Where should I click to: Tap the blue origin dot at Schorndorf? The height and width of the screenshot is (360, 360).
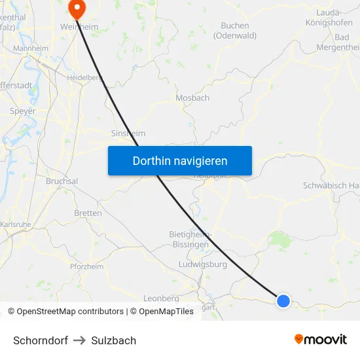(x=283, y=300)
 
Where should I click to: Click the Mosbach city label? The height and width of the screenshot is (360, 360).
(x=192, y=98)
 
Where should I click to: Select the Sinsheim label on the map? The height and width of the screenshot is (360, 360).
(x=128, y=133)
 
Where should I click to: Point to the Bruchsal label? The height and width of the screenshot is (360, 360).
(x=62, y=181)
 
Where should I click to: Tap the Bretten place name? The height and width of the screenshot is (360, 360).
(x=88, y=213)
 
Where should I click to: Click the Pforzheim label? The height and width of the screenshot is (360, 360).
(x=87, y=266)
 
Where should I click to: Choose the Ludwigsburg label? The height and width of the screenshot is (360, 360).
(x=202, y=265)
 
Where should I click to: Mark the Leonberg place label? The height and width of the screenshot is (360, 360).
(x=160, y=298)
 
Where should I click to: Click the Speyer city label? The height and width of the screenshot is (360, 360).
(x=23, y=111)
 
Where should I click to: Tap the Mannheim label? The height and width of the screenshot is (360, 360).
(x=31, y=48)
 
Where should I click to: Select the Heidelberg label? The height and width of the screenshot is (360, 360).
(x=84, y=77)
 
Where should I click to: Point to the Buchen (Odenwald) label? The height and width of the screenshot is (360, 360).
(x=235, y=31)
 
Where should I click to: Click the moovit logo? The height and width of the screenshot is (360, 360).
(x=320, y=340)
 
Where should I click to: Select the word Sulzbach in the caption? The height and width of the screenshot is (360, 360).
(x=114, y=340)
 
